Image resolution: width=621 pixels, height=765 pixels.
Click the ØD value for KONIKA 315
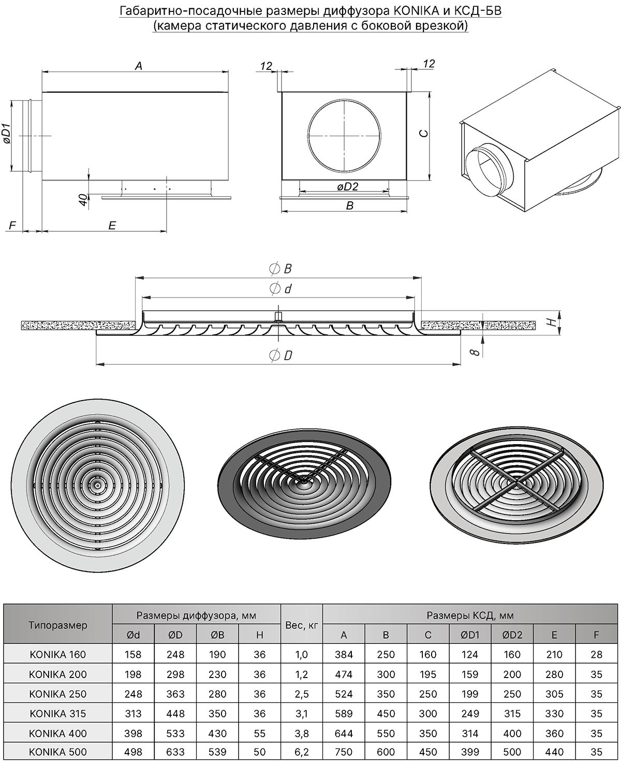coord(175,713)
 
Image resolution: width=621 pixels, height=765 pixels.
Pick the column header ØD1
coord(470,635)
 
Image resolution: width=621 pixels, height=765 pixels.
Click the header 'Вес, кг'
coord(302,625)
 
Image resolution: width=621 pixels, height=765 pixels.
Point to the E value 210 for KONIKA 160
coord(554,654)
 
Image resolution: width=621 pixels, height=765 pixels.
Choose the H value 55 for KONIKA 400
coord(260,733)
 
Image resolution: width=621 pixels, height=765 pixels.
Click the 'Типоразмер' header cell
coord(58,625)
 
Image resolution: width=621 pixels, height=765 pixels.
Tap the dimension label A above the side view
coord(139,66)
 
